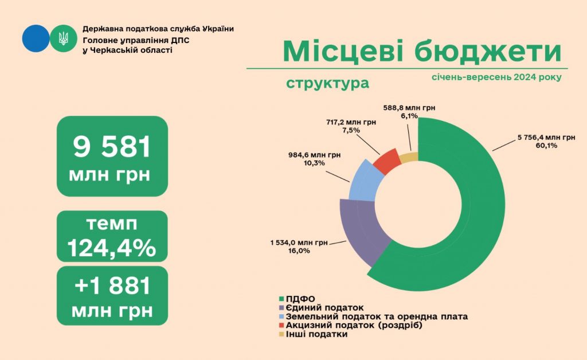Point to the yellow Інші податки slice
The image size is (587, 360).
(x=409, y=157)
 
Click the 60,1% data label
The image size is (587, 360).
(x=546, y=146)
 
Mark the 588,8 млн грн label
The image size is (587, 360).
(x=410, y=107)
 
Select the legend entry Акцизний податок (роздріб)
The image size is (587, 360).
(x=350, y=326)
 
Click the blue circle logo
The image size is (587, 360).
(x=36, y=39)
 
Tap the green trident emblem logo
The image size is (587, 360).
(x=62, y=39)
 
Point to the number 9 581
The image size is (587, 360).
(x=112, y=147)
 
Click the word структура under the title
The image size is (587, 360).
(x=327, y=84)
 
